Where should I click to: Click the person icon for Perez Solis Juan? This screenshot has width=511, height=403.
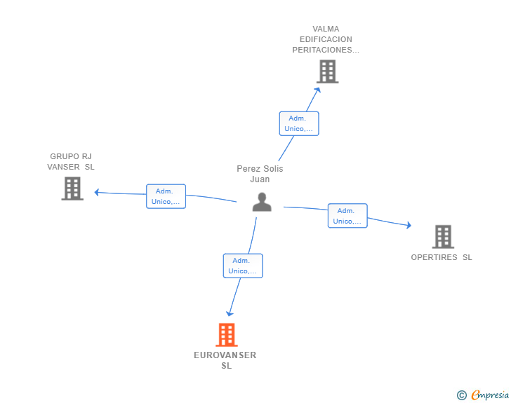pos(262,202)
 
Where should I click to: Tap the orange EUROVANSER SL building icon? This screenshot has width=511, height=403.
pos(227,334)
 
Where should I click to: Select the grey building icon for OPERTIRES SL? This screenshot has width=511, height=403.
pos(443,237)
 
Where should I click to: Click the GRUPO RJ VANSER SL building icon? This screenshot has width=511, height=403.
pos(72,189)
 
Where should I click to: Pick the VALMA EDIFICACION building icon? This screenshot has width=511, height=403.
pos(328,71)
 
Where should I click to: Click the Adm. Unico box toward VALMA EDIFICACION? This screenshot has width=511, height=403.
pos(299,123)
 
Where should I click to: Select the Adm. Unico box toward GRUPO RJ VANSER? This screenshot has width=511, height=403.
pos(166,196)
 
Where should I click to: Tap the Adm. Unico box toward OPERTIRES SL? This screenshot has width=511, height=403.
pos(347,215)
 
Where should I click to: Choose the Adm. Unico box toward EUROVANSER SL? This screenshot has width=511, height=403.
pos(243,266)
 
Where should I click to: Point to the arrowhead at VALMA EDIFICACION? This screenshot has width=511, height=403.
pos(318,90)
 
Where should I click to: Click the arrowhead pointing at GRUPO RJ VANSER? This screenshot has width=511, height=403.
pos(97,192)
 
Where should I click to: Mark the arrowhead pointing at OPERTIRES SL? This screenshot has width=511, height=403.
pos(409,225)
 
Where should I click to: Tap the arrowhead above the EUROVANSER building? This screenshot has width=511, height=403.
pos(230,313)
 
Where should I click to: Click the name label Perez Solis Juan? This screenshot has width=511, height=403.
pos(260,174)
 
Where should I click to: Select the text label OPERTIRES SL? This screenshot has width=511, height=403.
pos(442,257)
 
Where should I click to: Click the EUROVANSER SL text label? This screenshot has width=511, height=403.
pos(225,360)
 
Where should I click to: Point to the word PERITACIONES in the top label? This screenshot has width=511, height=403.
pos(322,50)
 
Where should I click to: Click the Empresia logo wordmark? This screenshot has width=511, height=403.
pos(490,395)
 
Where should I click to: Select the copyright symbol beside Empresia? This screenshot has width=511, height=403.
pos(461,395)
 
